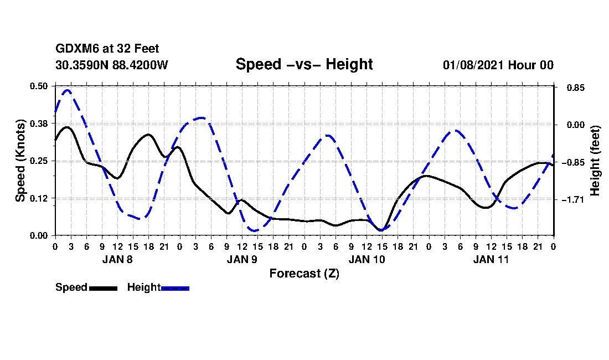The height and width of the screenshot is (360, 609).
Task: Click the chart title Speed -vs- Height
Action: [304, 64]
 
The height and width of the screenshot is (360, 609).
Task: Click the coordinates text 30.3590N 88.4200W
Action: [112, 65]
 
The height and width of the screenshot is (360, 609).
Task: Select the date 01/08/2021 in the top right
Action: [473, 65]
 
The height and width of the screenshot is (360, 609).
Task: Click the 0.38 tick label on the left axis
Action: [39, 124]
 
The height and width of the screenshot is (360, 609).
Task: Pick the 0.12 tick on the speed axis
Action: [39, 198]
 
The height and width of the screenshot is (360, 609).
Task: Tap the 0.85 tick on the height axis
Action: [570, 88]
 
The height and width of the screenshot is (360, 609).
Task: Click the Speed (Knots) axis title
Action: [20, 161]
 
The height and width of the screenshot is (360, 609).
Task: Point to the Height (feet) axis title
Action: [596, 161]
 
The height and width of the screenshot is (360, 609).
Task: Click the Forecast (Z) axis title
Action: [304, 273]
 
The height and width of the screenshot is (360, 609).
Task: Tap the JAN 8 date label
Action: [117, 259]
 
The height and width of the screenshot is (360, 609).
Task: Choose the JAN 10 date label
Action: [367, 259]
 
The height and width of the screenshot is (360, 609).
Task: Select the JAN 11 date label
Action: [491, 259]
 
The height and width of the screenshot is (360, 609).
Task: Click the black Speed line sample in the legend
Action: [102, 288]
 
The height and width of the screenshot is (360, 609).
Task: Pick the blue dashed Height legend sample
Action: [175, 288]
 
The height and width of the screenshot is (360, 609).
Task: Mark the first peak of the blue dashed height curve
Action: [67, 90]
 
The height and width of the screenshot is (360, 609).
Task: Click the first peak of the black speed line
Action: [67, 127]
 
